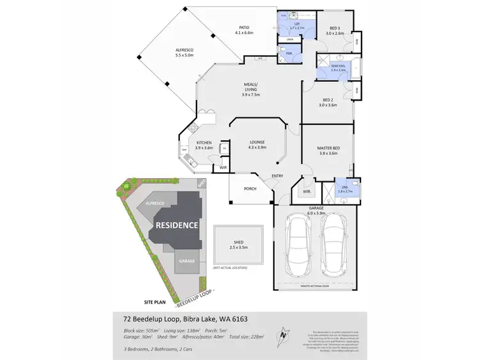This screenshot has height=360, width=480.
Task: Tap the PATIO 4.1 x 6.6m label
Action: [x=244, y=30]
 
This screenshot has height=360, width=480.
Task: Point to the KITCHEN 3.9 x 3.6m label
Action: [x=204, y=145]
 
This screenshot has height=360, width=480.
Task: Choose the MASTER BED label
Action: [x=327, y=151]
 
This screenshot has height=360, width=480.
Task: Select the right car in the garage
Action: [x=333, y=245]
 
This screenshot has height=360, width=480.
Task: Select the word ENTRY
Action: [x=277, y=176]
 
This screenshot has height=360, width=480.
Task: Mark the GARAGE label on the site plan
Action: [x=187, y=261]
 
